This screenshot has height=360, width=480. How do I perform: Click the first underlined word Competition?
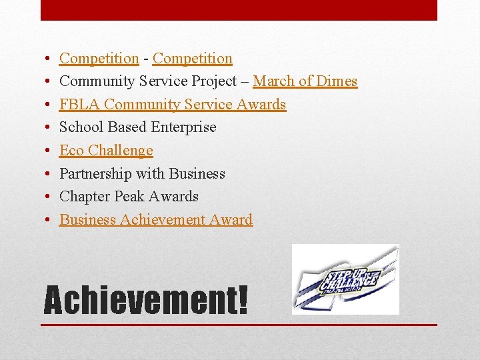click(x=99, y=59)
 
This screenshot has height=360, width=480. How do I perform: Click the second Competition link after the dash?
click(x=192, y=59)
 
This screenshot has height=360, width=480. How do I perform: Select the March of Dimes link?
click(x=305, y=81)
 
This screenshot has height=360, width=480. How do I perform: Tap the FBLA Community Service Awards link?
click(x=172, y=105)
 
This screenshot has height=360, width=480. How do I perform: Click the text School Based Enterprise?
click(x=137, y=127)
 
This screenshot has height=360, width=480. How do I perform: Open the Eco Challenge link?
click(x=106, y=151)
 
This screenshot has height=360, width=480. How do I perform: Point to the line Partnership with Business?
click(x=142, y=174)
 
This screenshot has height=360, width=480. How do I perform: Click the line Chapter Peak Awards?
click(x=129, y=197)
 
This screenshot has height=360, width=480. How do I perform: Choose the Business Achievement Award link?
click(x=155, y=220)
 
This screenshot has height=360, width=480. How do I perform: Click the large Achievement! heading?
click(x=145, y=300)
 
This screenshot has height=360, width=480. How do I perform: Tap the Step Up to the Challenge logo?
click(x=345, y=279)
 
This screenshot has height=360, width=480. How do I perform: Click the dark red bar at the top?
click(x=239, y=10)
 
